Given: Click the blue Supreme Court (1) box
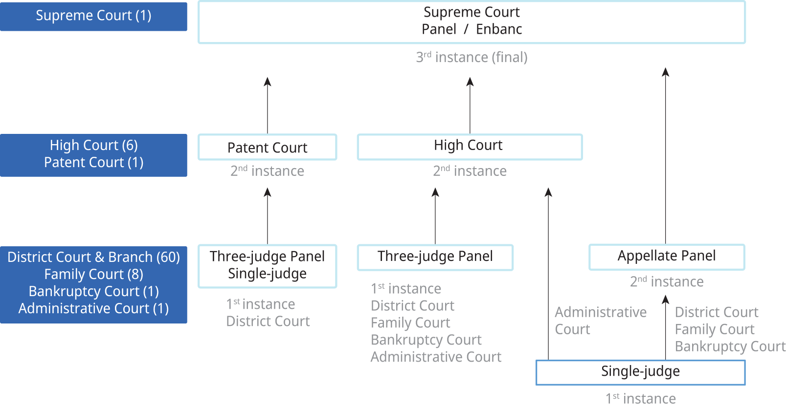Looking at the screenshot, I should [93, 16].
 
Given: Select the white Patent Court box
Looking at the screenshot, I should [267, 147].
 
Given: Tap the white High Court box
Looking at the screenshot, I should [469, 146].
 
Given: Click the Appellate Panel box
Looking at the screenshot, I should [666, 257].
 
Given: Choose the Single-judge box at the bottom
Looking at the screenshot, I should [640, 372].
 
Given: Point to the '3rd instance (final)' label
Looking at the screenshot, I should [472, 57].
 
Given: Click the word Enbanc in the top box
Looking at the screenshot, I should [499, 29].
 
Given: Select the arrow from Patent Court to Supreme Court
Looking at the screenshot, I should [268, 105].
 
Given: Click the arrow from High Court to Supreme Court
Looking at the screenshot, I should [470, 105].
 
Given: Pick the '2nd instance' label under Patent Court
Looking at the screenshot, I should [267, 171].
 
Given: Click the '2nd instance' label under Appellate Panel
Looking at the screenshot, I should [666, 281].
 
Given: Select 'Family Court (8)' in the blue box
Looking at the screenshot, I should [93, 274].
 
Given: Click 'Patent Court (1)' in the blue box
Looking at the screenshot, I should [93, 162].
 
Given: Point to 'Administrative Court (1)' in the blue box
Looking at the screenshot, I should [93, 308].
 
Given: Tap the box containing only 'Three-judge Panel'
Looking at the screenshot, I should [435, 257].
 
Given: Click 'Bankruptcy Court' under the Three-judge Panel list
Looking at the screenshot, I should [426, 340].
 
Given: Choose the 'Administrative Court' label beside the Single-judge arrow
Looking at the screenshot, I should [600, 321].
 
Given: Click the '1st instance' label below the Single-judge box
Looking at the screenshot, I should [640, 398].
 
